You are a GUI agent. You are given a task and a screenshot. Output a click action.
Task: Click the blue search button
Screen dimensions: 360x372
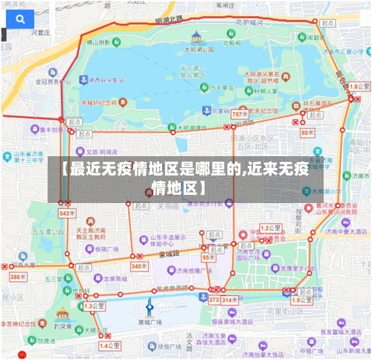point(19,17)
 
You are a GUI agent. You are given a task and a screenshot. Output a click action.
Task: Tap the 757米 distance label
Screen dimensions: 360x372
point(240,115)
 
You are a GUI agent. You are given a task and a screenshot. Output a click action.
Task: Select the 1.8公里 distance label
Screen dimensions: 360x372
point(358,87)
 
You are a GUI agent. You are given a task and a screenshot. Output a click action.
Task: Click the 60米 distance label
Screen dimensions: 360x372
point(308,132)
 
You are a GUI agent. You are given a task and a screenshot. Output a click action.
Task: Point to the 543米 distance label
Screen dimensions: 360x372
point(66,213)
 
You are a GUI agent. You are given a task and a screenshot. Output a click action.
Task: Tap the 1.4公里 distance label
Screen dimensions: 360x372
point(109,345)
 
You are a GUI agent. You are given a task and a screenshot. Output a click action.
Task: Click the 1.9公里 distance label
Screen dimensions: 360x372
point(301,300)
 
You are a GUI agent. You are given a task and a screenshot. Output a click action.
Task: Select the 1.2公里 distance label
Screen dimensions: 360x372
point(269,228)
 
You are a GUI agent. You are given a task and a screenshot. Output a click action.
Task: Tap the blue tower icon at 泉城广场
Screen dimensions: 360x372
point(149,306)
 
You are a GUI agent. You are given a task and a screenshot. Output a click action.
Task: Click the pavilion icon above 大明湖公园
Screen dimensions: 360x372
point(196,36)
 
